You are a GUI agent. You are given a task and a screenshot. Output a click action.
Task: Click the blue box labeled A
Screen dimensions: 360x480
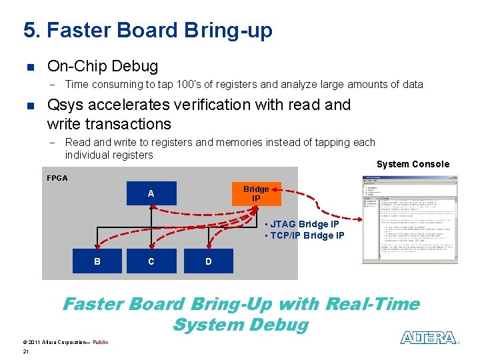click(x=151, y=193)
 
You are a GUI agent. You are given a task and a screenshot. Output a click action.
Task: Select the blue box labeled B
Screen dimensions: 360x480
click(x=97, y=261)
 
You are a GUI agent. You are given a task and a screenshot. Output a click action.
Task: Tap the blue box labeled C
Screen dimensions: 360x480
click(x=151, y=261)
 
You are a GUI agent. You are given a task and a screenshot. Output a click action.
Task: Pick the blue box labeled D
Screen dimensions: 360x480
click(x=209, y=261)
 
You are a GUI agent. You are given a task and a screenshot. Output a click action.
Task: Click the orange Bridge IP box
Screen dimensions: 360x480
click(x=256, y=193)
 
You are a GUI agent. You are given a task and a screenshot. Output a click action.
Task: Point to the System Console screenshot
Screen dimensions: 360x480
click(x=410, y=219)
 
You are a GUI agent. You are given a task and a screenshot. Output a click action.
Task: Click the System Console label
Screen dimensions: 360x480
click(x=413, y=164)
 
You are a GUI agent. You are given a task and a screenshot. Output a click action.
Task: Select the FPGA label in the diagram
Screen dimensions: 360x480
click(x=57, y=178)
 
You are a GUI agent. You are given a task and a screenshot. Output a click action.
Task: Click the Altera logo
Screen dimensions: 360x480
click(x=429, y=338)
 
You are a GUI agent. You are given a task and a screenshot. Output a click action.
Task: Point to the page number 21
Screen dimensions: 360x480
click(x=25, y=351)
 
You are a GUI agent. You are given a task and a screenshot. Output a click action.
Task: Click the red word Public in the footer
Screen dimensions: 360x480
click(x=100, y=342)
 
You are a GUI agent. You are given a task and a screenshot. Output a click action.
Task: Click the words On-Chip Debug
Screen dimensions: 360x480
click(x=103, y=67)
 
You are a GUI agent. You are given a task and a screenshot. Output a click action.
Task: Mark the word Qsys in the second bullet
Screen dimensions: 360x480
click(x=67, y=105)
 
